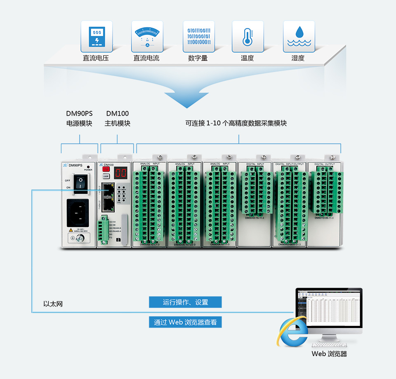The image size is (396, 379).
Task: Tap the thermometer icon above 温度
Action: coord(247,36)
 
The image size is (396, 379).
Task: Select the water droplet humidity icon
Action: coord(298,36)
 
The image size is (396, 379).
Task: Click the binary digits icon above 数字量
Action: coord(198,36)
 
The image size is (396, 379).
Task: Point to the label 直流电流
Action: coord(146,58)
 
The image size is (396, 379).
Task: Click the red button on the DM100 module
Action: coord(106,169)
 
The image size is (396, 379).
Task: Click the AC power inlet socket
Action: coord(79,213)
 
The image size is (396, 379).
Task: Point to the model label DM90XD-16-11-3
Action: coord(255,218)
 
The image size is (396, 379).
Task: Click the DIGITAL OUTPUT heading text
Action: coord(324,164)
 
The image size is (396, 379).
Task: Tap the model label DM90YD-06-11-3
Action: coord(324,218)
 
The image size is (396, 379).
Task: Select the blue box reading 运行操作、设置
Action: coord(185,302)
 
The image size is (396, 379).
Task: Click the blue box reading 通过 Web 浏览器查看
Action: coord(185,322)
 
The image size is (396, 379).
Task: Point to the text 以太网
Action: coord(53,304)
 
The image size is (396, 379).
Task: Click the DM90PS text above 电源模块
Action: coord(79,113)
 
